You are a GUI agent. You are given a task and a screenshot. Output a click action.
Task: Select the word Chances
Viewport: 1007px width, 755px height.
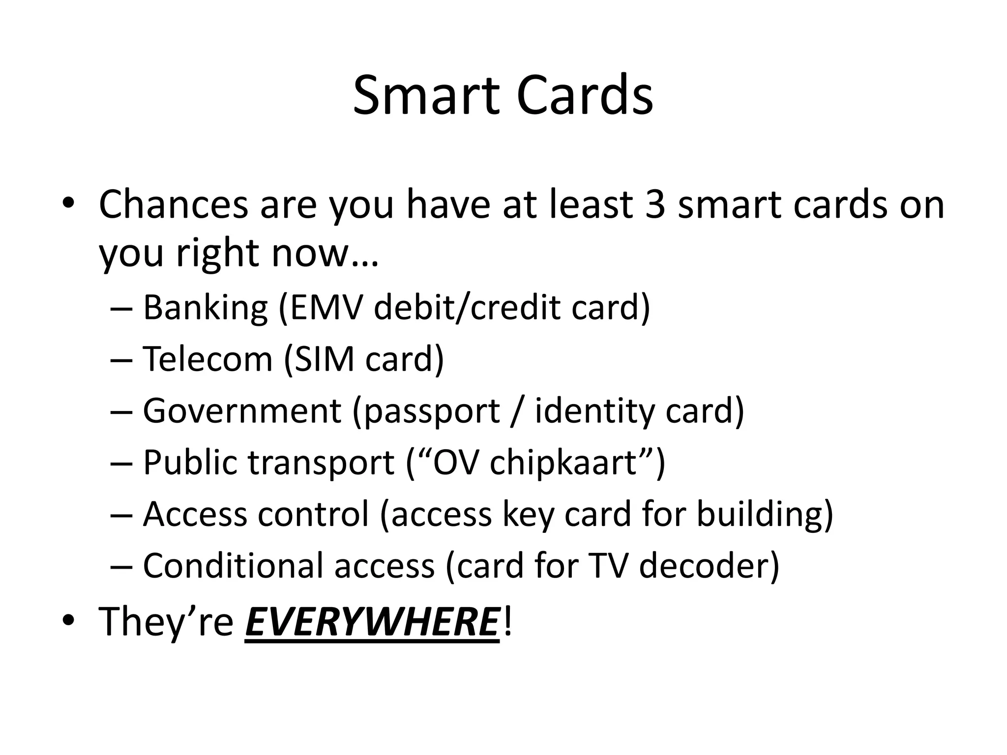click(x=173, y=203)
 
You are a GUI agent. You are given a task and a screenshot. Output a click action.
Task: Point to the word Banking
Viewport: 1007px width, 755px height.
click(x=205, y=307)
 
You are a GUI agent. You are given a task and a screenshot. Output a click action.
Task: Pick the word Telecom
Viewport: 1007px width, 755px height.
click(x=207, y=359)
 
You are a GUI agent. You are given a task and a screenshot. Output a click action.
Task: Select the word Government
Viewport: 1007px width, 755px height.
click(x=241, y=410)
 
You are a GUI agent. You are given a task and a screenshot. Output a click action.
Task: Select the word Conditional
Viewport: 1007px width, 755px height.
click(x=233, y=566)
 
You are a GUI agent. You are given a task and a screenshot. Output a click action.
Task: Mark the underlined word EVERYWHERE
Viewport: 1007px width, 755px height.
click(x=372, y=621)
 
